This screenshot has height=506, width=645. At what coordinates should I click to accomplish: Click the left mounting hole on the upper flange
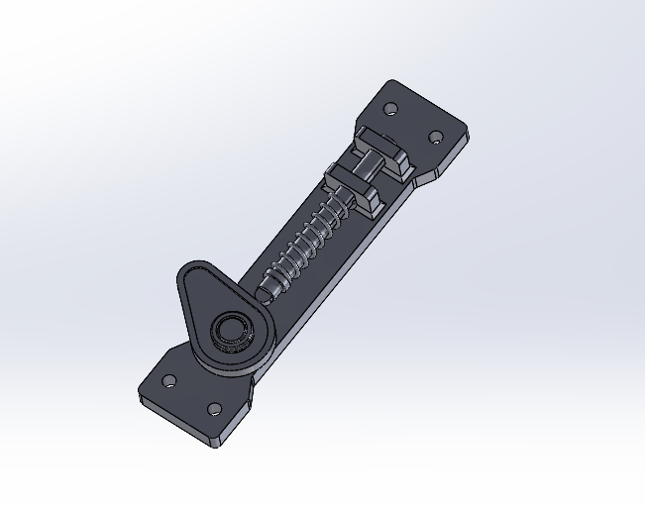tap(390, 107)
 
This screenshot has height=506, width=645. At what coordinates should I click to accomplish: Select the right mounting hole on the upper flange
tap(434, 136)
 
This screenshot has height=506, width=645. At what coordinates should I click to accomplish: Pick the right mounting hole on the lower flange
tap(213, 408)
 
